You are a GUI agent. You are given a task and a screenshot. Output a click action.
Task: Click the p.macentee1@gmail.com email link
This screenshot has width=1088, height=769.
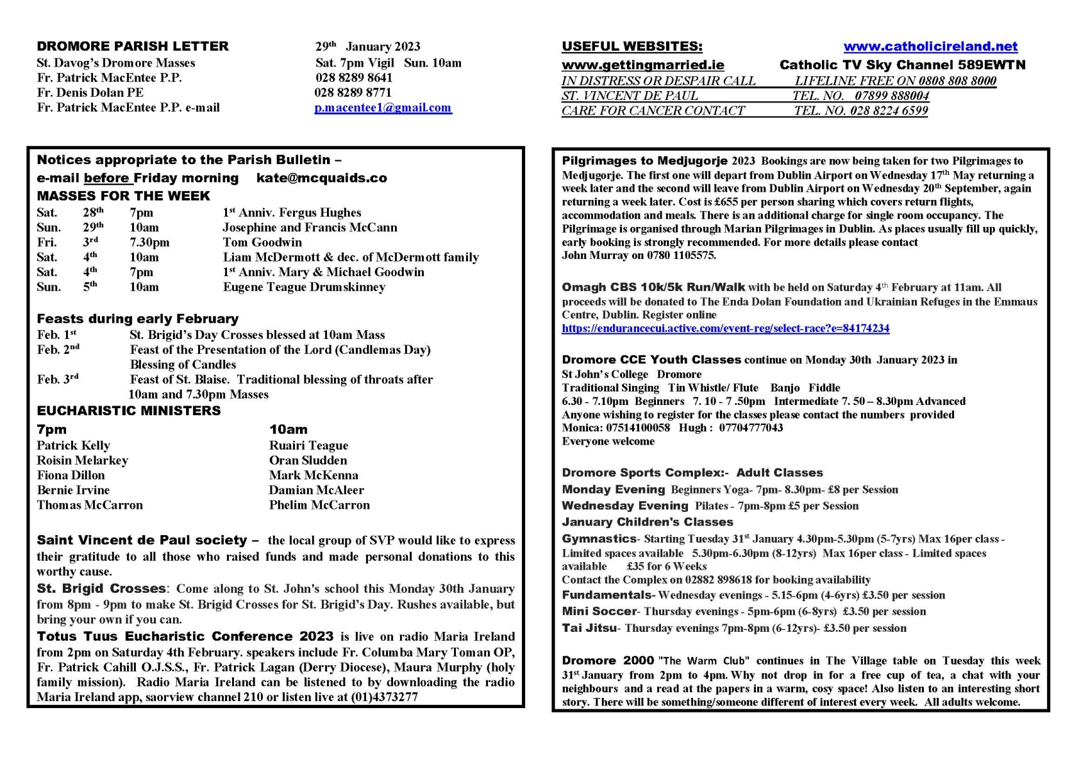[x=383, y=108]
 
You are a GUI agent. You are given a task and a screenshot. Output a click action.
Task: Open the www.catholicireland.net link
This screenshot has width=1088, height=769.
[x=930, y=46]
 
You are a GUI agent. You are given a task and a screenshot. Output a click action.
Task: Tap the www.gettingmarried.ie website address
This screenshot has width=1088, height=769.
[x=642, y=65]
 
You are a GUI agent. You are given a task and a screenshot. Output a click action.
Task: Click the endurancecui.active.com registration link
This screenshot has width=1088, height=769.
[x=725, y=328]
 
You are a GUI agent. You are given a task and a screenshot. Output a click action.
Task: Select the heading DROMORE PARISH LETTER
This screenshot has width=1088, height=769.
[x=133, y=46]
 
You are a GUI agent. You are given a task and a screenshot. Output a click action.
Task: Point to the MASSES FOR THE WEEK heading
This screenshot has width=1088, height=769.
[x=123, y=195]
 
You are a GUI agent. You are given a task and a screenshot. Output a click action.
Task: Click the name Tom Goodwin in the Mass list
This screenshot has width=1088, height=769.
[x=262, y=242]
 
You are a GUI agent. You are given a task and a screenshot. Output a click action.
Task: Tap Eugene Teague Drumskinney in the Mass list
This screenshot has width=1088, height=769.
[x=304, y=287]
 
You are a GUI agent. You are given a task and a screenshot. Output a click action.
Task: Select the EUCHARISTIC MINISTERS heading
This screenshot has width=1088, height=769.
[x=128, y=411]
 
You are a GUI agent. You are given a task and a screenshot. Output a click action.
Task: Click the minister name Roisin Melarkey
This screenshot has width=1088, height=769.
[x=82, y=460]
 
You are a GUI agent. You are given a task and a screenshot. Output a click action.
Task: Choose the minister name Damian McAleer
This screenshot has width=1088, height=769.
[x=316, y=490]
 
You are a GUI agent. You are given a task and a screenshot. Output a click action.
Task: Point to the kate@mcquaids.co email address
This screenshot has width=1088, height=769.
[x=321, y=178]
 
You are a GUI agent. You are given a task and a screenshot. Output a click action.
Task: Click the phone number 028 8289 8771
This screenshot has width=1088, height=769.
[x=353, y=92]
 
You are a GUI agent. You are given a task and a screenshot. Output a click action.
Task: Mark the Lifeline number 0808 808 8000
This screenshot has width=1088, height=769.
[x=957, y=81]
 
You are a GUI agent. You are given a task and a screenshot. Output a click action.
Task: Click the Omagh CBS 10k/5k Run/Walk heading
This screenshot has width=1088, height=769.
[x=653, y=287]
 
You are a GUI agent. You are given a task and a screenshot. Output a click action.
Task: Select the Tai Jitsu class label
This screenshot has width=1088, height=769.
[x=589, y=628]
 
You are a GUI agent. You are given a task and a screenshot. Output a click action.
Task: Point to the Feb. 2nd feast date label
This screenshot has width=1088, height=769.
[x=58, y=350]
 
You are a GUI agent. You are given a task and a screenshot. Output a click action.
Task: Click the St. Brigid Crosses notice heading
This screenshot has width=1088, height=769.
[x=101, y=588]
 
